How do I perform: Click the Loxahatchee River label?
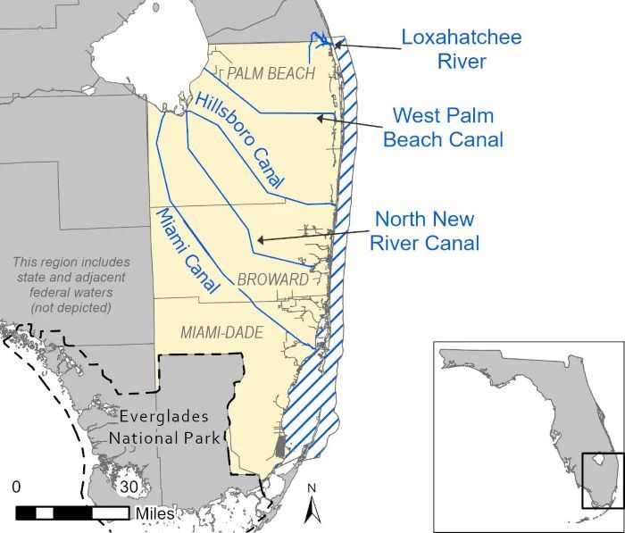tap(461, 49)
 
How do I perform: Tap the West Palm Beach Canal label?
tap(443, 128)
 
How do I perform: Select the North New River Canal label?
tap(426, 230)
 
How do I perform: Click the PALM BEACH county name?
tap(271, 73)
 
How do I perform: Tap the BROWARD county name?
tap(272, 279)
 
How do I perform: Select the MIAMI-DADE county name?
tap(222, 332)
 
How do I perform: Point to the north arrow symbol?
tap(312, 507)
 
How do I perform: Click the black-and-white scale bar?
tap(71, 512)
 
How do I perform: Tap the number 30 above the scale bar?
tap(129, 487)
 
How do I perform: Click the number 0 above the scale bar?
tap(16, 487)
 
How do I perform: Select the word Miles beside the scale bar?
tap(154, 513)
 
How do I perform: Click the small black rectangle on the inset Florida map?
tap(597, 480)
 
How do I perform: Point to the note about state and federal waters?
tap(71, 284)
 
